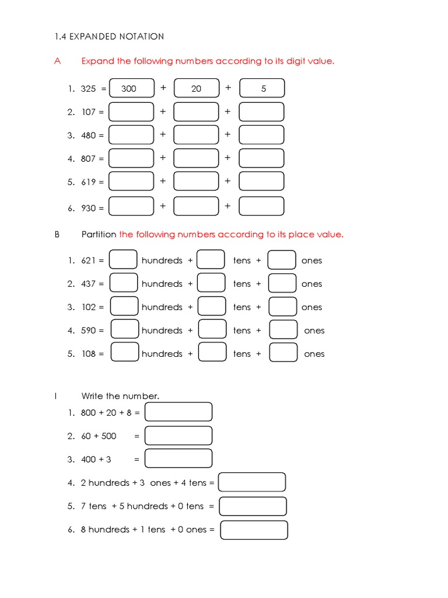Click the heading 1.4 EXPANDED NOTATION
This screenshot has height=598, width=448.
[x=108, y=36]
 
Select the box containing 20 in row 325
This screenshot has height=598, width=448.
[x=197, y=88]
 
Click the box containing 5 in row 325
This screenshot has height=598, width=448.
[x=262, y=88]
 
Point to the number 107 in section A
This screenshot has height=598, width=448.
[x=89, y=112]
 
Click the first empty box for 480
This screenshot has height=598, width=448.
[x=132, y=135]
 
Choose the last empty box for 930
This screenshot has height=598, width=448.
[x=262, y=206]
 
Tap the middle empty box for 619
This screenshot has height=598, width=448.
[x=197, y=182]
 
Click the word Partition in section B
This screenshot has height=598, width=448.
[x=99, y=234]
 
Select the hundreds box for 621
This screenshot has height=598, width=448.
[x=124, y=260]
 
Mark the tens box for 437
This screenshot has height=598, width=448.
[x=211, y=283]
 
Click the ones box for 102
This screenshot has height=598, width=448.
[x=283, y=307]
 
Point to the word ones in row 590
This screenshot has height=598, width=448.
[x=314, y=331]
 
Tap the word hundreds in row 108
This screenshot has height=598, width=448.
[x=162, y=354]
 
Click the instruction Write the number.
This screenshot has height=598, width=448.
[x=120, y=396]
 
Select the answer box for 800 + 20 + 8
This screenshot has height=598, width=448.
[x=178, y=412]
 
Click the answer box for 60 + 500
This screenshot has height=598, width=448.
[x=178, y=436]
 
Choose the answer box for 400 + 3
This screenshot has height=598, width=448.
[x=178, y=458]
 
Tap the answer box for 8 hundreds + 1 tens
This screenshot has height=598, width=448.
[x=254, y=530]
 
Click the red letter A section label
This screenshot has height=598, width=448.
[x=57, y=61]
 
